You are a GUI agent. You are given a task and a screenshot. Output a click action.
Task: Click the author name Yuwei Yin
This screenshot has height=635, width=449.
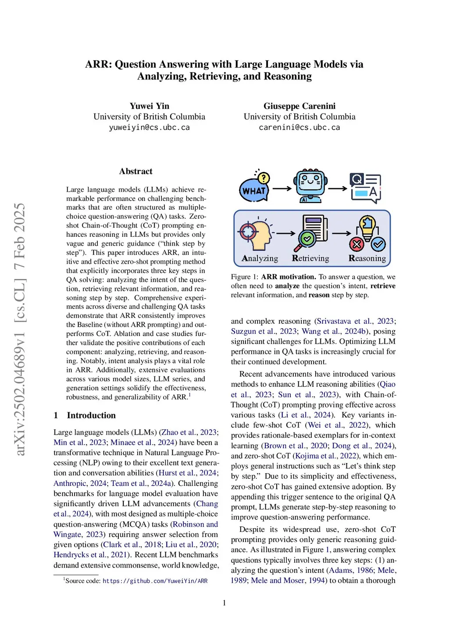pyautogui.click(x=149, y=106)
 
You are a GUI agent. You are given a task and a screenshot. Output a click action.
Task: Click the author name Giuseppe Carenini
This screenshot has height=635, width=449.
pyautogui.click(x=299, y=106)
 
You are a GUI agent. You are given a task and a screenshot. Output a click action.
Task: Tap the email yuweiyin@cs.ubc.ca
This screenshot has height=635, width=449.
pyautogui.click(x=149, y=128)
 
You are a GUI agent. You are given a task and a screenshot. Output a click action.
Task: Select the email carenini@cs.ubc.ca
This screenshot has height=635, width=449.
pyautogui.click(x=299, y=128)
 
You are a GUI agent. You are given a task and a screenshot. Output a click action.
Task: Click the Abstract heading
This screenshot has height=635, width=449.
pyautogui.click(x=135, y=171)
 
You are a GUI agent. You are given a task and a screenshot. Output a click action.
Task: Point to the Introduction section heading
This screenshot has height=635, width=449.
pyautogui.click(x=91, y=415)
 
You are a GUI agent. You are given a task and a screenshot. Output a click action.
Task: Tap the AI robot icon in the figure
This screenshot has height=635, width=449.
pyautogui.click(x=310, y=186)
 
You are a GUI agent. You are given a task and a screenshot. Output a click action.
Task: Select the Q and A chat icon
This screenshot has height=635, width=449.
pyautogui.click(x=365, y=188)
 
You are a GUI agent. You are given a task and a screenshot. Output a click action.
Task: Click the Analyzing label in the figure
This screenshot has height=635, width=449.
pyautogui.click(x=260, y=258)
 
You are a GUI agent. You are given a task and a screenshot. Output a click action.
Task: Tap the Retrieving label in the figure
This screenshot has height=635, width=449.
pyautogui.click(x=310, y=258)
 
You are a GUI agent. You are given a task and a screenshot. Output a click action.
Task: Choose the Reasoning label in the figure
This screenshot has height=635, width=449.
pyautogui.click(x=367, y=258)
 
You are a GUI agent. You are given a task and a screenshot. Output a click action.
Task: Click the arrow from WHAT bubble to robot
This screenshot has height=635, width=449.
pyautogui.click(x=282, y=189)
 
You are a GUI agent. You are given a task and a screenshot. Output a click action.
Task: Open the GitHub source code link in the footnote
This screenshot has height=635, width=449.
pyautogui.click(x=155, y=581)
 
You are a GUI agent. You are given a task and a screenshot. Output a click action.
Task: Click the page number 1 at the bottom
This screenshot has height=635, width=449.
pyautogui.click(x=224, y=603)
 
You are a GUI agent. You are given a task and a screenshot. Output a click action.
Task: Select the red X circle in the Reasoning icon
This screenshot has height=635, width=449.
pyautogui.click(x=356, y=244)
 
